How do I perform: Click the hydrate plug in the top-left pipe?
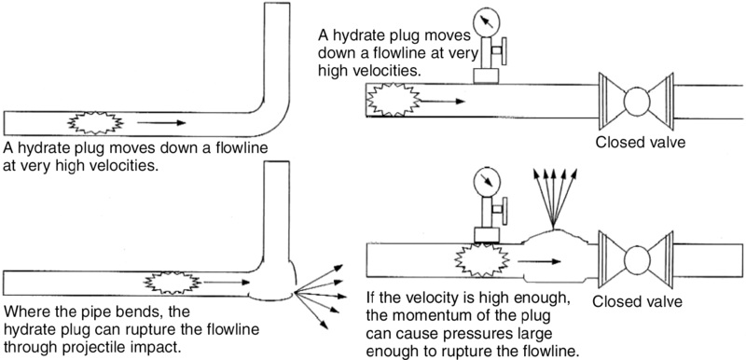click(x=92, y=121)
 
